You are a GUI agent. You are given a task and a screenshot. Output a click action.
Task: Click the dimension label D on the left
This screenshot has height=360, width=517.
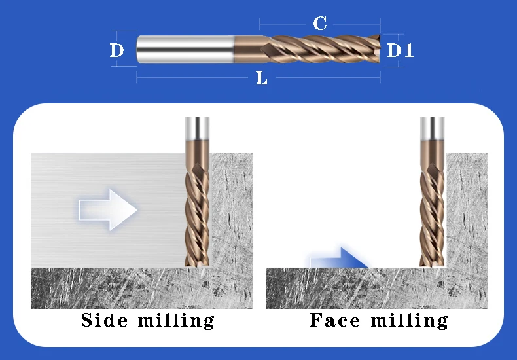pos(116,50)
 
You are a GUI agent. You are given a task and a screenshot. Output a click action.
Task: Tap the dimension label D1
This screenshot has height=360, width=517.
pos(400,50)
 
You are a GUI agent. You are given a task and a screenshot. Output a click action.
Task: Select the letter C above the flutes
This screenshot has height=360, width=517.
pos(320,24)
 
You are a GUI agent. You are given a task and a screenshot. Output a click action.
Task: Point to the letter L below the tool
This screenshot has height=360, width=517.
pos(262,79)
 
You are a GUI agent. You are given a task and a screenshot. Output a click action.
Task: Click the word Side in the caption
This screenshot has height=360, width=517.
pos(103,320)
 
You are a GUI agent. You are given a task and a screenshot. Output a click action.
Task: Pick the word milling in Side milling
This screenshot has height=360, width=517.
pos(176,320)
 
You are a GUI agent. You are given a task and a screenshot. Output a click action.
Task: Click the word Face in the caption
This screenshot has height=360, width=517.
pos(334,320)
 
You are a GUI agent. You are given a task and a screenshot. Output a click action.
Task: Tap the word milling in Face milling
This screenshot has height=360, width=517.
pos(410,320)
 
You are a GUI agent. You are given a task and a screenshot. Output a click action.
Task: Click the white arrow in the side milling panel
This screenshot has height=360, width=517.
pos(108,210)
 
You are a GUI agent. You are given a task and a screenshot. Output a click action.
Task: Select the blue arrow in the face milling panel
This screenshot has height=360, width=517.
pos(337,259)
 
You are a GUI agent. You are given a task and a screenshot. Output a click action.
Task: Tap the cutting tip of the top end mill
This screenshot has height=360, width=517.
pos(378,50)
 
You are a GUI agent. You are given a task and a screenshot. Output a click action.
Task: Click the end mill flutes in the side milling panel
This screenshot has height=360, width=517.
pos(197,209)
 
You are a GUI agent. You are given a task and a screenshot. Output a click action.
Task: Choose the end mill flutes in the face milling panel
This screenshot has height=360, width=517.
pos(432,209)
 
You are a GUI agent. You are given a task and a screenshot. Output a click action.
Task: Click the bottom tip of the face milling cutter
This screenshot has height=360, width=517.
pos(432,264)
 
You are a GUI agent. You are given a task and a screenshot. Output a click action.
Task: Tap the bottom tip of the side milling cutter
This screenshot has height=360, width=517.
pos(197,264)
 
